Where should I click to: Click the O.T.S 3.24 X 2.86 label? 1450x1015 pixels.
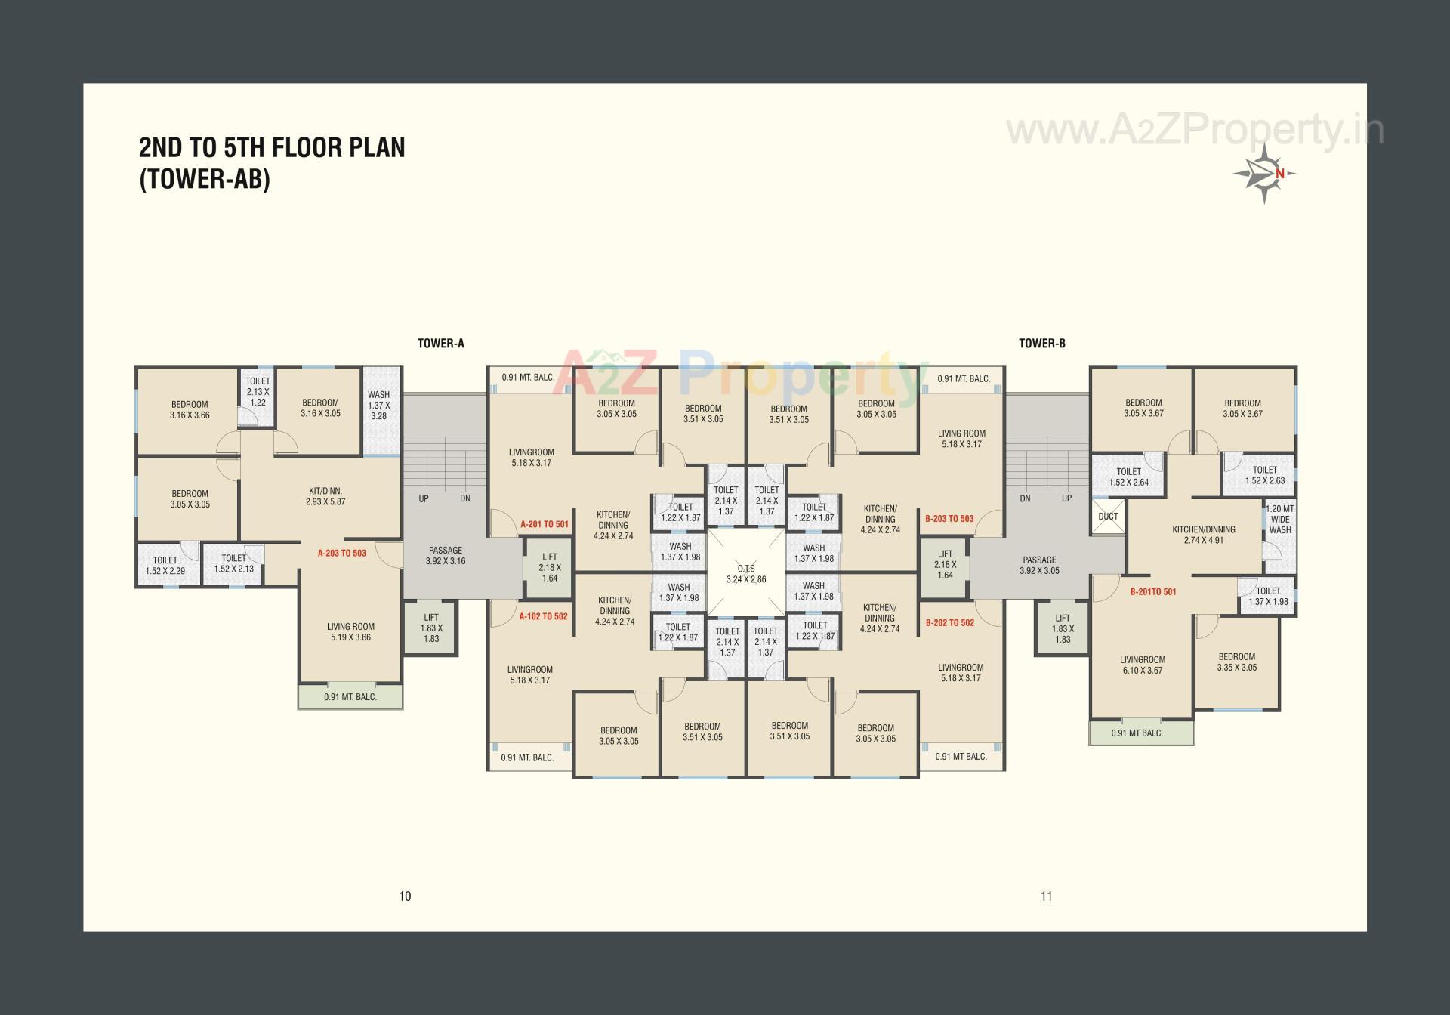click(745, 574)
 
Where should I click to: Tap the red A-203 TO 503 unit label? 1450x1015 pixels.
click(341, 553)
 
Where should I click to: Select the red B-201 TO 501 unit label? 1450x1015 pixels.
click(1152, 592)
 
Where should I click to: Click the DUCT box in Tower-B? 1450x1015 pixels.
click(1108, 517)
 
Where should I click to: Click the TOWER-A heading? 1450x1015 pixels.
click(440, 344)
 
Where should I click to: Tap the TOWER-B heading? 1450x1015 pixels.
click(1041, 344)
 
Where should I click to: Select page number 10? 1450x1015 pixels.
click(405, 896)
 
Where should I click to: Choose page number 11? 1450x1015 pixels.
click(1046, 896)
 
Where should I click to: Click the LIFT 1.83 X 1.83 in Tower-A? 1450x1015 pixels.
click(431, 628)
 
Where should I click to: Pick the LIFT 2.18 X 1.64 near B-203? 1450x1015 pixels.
click(945, 564)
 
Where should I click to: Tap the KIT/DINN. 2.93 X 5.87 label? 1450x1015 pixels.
click(325, 496)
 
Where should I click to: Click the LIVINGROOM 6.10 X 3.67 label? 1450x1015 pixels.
click(1142, 665)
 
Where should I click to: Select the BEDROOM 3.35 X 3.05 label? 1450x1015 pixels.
click(1236, 662)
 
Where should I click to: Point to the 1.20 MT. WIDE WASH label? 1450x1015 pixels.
click(1279, 520)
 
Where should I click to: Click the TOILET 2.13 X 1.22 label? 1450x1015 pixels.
click(258, 392)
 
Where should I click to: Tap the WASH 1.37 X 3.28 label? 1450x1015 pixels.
click(378, 405)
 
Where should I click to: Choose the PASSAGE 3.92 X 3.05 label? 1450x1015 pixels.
click(1039, 565)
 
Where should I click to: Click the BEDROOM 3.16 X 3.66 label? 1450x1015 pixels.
click(190, 409)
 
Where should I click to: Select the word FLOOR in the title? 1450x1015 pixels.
click(307, 147)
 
